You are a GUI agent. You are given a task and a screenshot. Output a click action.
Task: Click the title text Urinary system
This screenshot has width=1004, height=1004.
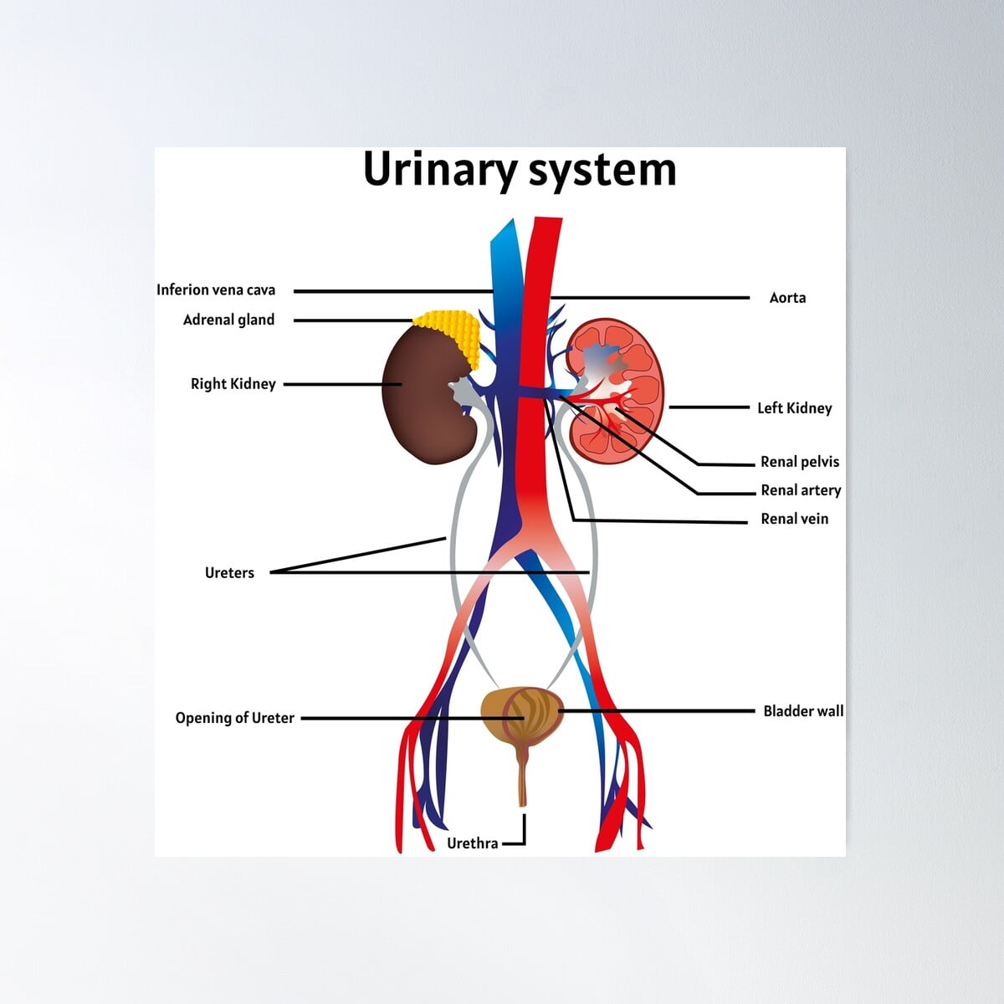point(519,170)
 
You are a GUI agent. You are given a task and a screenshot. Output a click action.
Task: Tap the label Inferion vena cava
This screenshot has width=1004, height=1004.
point(216,290)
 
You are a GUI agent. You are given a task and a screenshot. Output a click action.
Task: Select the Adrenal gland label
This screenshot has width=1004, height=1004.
point(228,320)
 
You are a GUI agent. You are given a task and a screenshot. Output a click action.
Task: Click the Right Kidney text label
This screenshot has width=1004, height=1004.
point(233,384)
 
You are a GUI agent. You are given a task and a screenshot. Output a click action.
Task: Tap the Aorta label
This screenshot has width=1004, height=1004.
point(787,298)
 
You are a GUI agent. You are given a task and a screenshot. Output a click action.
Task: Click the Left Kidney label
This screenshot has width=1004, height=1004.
point(794,408)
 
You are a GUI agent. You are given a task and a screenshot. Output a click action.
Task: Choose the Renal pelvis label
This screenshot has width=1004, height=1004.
point(799,462)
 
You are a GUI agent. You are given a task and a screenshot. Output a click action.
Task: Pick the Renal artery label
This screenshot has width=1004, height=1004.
point(800,490)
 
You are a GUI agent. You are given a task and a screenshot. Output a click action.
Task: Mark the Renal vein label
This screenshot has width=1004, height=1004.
point(794,519)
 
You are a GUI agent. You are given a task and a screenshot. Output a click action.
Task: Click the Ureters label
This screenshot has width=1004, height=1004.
point(229,573)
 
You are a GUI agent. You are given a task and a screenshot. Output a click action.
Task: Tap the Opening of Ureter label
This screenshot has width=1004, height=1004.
point(234,718)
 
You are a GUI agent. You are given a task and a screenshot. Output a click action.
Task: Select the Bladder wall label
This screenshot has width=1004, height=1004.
point(802,711)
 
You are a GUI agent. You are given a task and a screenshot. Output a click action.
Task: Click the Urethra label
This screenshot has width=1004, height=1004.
point(472,843)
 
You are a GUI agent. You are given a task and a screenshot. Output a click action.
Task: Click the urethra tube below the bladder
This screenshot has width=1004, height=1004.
point(523,778)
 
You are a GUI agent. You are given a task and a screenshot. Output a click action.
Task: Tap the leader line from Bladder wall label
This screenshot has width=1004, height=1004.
point(669,711)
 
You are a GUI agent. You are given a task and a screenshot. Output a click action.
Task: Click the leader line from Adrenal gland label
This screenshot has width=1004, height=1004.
point(351,320)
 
